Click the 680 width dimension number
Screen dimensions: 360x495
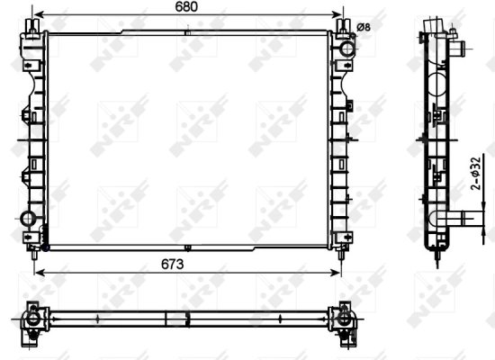click(x=186, y=7)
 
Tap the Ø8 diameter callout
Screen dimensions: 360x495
click(x=364, y=26)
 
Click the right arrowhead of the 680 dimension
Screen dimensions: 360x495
click(x=342, y=16)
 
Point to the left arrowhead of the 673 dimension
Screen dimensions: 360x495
click(x=35, y=270)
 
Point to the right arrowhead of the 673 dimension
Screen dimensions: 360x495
click(x=337, y=270)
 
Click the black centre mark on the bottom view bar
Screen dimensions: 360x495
click(x=185, y=319)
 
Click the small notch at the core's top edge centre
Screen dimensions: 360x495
click(x=186, y=34)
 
